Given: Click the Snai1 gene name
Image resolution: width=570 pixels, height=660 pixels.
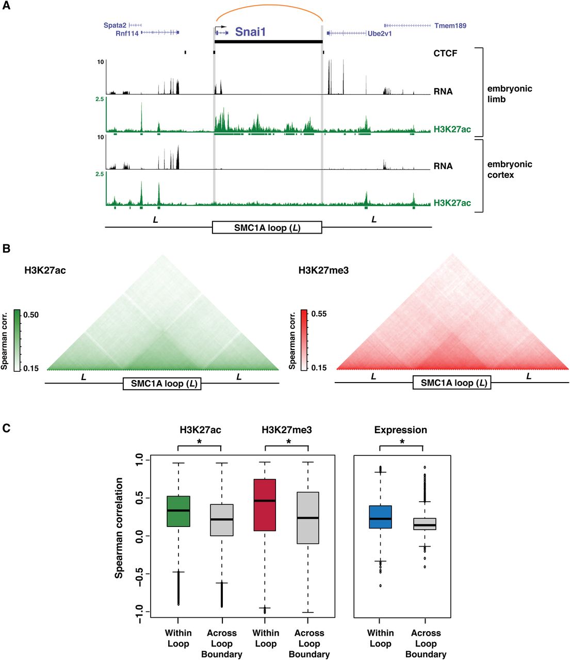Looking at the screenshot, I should (250, 32).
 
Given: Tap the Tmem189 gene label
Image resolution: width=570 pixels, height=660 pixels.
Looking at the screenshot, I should (450, 25).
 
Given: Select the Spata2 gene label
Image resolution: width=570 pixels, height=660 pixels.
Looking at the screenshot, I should (115, 25).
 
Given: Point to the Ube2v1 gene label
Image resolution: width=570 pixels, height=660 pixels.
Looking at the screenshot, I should (380, 34).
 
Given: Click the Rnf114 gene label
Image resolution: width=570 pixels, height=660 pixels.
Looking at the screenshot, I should (127, 34).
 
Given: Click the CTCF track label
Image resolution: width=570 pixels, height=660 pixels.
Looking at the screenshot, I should (445, 53).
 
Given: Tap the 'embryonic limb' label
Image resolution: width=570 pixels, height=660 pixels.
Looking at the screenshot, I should (510, 94).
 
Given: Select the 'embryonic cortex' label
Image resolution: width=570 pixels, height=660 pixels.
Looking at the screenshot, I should (510, 170).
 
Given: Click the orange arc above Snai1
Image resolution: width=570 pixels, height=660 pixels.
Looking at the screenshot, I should (268, 7).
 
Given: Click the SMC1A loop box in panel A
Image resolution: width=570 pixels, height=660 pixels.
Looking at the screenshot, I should (267, 227).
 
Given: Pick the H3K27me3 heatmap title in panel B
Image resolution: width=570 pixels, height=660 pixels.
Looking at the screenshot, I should (323, 270).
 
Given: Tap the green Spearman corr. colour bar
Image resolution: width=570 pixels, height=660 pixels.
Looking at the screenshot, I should (17, 340).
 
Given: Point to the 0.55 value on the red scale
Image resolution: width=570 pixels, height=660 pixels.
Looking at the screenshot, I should (319, 313).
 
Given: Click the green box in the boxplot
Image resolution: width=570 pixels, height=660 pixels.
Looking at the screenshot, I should (178, 511).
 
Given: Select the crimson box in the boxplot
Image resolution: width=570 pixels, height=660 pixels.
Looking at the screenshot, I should (265, 505).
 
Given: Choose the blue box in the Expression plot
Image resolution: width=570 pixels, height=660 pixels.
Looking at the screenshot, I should (380, 517).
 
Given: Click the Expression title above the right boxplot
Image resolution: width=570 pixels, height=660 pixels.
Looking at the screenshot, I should (400, 430).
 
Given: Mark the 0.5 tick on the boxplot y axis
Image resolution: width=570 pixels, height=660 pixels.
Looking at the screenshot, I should (139, 498).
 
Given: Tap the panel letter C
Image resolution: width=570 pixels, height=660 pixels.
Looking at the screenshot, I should (7, 428).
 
